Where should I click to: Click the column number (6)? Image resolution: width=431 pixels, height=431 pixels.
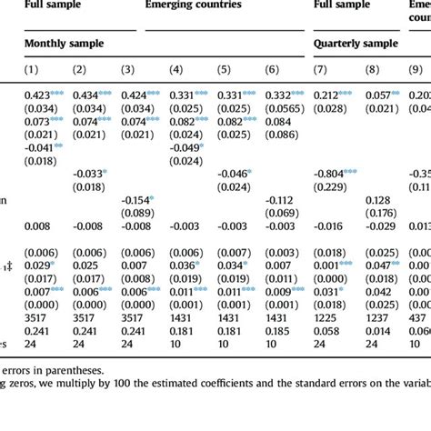[272, 70]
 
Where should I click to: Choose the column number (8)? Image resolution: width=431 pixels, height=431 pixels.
[375, 70]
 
